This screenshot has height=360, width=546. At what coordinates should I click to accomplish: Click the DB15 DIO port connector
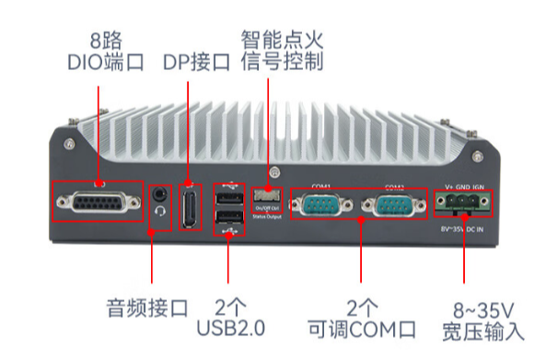pyautogui.click(x=97, y=201)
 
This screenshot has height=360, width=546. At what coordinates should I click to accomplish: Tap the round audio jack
pyautogui.click(x=162, y=194)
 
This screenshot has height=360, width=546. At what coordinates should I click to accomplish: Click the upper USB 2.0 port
pyautogui.click(x=228, y=199)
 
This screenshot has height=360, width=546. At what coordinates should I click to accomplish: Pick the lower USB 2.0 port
pyautogui.click(x=228, y=219)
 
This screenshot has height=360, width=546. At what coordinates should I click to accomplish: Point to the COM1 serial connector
pyautogui.click(x=319, y=203)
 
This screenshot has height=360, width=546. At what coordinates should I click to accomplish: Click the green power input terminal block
pyautogui.click(x=463, y=202)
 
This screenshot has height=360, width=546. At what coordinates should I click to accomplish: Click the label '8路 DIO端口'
pyautogui.click(x=106, y=52)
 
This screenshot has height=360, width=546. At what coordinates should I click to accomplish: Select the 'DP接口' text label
pyautogui.click(x=196, y=62)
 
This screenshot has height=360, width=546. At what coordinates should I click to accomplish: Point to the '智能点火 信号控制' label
pyautogui.click(x=282, y=52)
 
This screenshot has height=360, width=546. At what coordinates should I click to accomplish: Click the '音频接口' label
pyautogui.click(x=146, y=307)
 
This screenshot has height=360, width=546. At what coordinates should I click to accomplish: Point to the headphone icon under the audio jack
pyautogui.click(x=163, y=212)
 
